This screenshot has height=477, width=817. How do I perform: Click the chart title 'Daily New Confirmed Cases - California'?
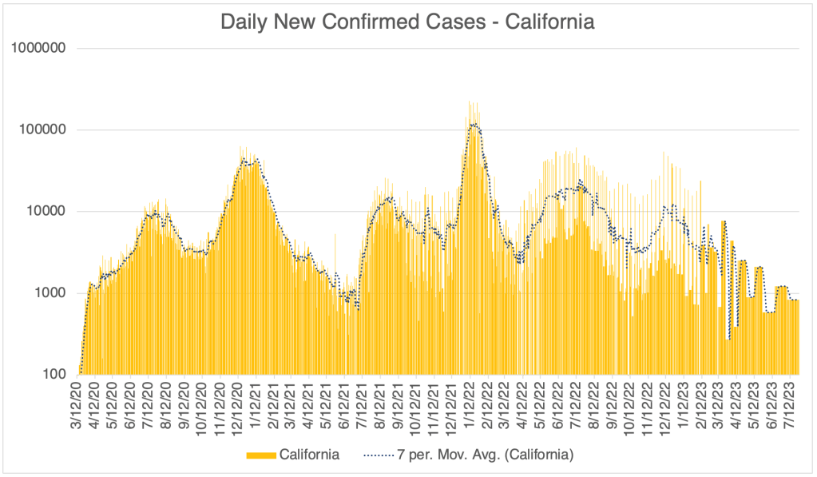(407, 22)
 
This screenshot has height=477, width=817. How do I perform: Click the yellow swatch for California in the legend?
(261, 455)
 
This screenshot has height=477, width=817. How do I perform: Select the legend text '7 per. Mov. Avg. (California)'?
(485, 455)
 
